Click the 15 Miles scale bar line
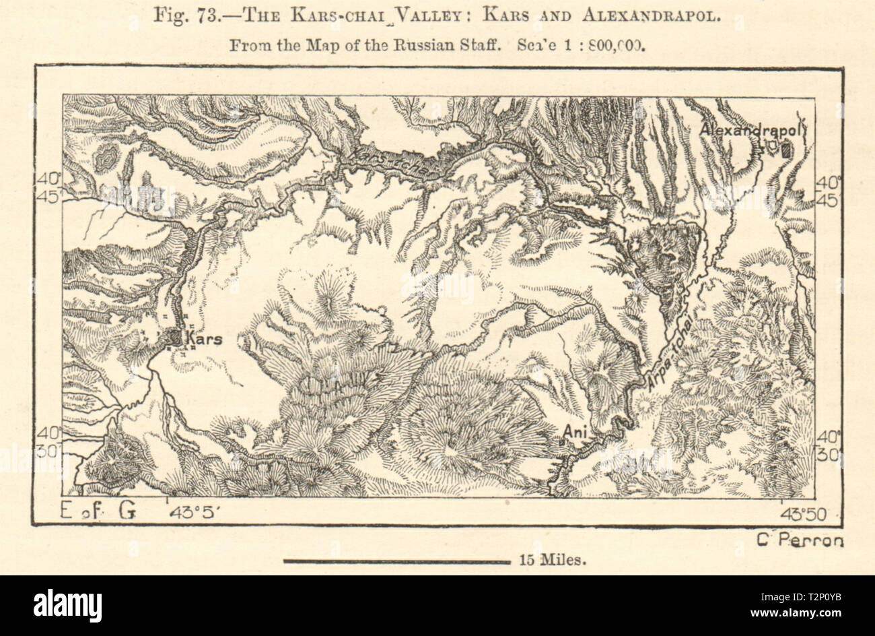click(398, 561)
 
